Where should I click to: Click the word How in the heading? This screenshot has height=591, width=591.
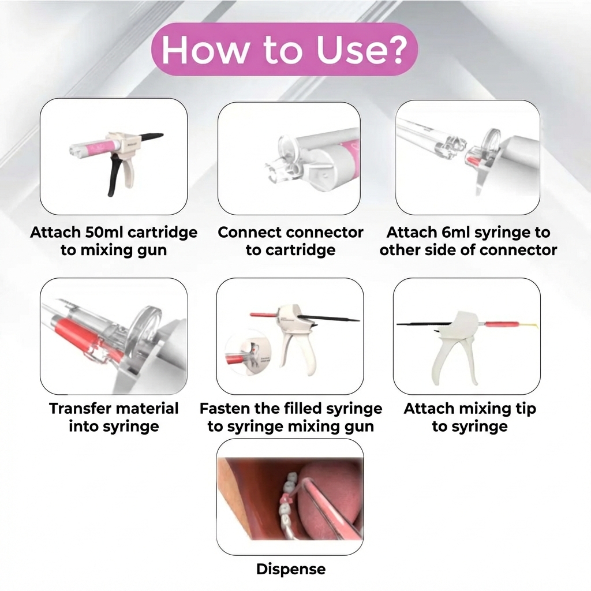[205, 50]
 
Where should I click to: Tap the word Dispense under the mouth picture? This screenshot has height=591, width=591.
[290, 569]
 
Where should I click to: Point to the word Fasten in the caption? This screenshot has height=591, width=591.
[227, 409]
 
